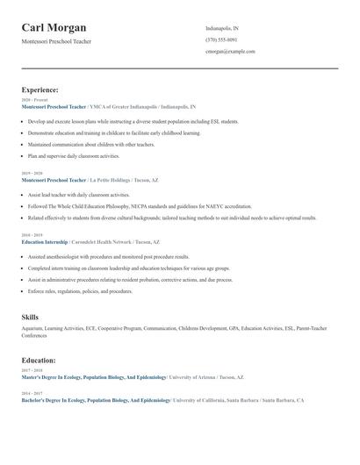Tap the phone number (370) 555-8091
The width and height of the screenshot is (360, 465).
point(221,39)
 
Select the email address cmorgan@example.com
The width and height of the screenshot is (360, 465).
point(230,51)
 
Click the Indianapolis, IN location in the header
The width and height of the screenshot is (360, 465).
point(221,28)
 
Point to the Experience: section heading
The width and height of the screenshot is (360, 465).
point(40,89)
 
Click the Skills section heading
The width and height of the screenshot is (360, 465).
point(30,317)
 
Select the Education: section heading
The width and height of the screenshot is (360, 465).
point(39,360)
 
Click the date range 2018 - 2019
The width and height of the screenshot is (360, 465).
point(31,235)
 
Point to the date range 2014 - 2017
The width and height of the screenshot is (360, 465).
point(31,393)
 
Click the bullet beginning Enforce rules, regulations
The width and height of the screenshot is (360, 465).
point(80,290)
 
